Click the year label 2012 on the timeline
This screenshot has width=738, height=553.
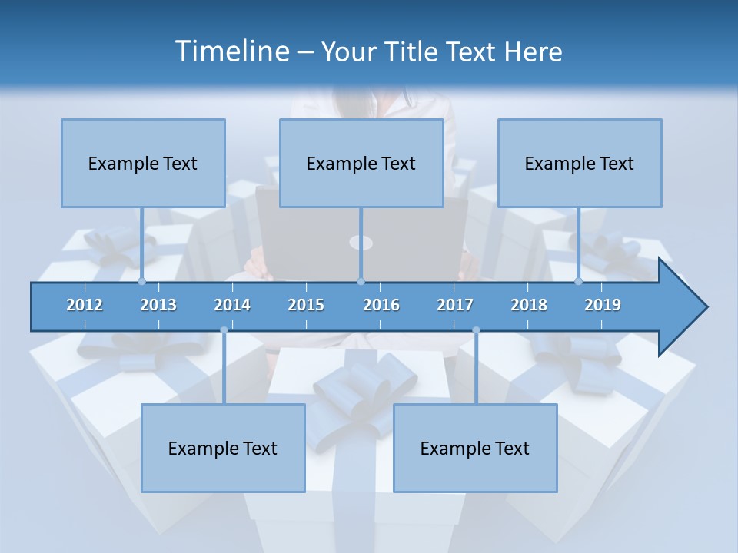click(x=85, y=305)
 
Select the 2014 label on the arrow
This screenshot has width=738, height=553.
click(x=232, y=305)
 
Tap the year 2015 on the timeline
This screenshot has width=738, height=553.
click(x=306, y=305)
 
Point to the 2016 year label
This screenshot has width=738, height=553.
click(x=381, y=305)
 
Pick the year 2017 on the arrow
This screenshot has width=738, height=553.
click(x=455, y=305)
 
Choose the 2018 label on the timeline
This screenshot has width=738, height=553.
click(x=529, y=305)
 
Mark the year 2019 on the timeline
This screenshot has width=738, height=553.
click(x=603, y=305)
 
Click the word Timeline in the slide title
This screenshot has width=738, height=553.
click(x=230, y=51)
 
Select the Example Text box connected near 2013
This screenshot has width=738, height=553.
click(x=143, y=163)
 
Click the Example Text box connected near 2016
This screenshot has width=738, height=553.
click(x=361, y=163)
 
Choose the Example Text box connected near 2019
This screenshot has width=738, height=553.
click(x=580, y=163)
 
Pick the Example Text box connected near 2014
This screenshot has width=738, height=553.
click(x=223, y=448)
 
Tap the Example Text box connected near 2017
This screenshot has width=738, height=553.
click(x=475, y=448)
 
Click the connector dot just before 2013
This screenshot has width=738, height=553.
click(x=141, y=281)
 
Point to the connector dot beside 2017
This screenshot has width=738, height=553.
click(x=476, y=330)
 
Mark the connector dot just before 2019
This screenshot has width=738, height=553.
click(x=578, y=281)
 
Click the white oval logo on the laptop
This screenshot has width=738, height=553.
click(x=361, y=243)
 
